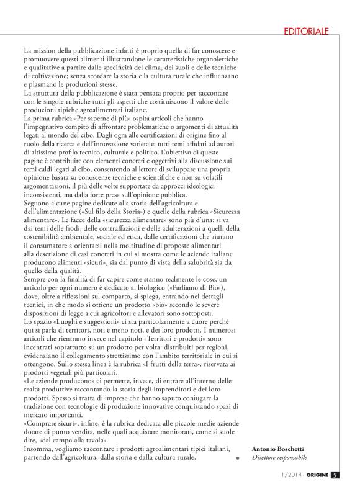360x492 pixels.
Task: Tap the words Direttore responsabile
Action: coord(279,457)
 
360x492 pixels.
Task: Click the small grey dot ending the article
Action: coord(238,459)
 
